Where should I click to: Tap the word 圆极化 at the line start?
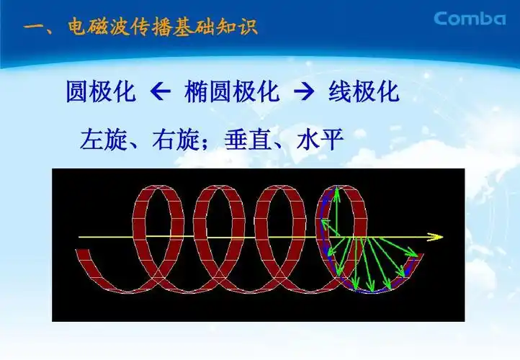(98, 94)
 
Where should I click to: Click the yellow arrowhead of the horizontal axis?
(436, 236)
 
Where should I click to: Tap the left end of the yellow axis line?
(79, 236)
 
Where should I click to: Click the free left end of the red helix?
(82, 253)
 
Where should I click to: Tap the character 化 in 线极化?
(385, 94)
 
